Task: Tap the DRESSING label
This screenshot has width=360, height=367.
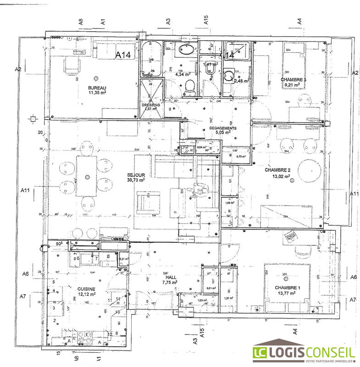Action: point(151,105)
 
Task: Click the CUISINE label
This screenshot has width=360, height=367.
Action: point(86,289)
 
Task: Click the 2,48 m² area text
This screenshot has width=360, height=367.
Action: point(241,81)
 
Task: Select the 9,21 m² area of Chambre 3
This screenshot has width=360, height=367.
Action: point(293,84)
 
